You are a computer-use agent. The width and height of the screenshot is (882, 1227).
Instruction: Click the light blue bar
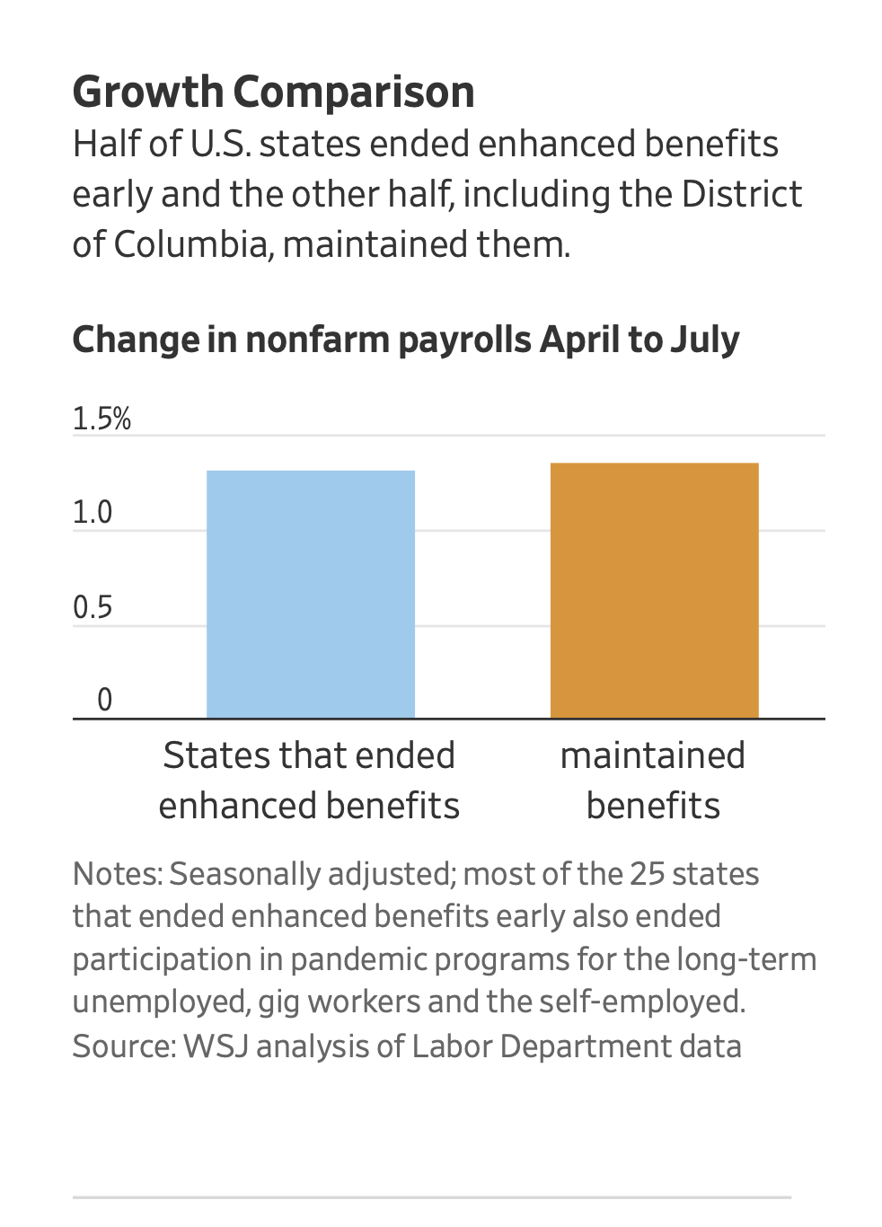click(x=311, y=594)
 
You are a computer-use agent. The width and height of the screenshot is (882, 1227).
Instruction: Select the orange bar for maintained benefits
click(x=654, y=590)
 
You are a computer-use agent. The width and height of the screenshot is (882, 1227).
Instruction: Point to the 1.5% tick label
click(x=101, y=419)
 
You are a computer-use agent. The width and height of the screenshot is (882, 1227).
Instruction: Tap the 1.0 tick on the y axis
click(x=93, y=513)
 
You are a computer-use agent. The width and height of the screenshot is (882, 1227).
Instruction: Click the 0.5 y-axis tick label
click(x=93, y=608)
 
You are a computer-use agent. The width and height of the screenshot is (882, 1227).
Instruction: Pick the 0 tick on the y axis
click(x=104, y=700)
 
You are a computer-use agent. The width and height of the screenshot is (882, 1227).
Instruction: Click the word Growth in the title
click(x=147, y=93)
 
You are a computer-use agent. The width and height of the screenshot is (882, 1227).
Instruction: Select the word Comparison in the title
click(x=354, y=93)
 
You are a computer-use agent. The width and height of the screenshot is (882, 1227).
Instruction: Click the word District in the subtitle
click(x=741, y=194)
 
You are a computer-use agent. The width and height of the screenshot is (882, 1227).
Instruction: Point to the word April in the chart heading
click(x=579, y=340)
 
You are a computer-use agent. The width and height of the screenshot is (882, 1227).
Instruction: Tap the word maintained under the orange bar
click(x=653, y=755)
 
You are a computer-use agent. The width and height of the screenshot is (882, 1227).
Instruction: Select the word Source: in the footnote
click(x=124, y=1046)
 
